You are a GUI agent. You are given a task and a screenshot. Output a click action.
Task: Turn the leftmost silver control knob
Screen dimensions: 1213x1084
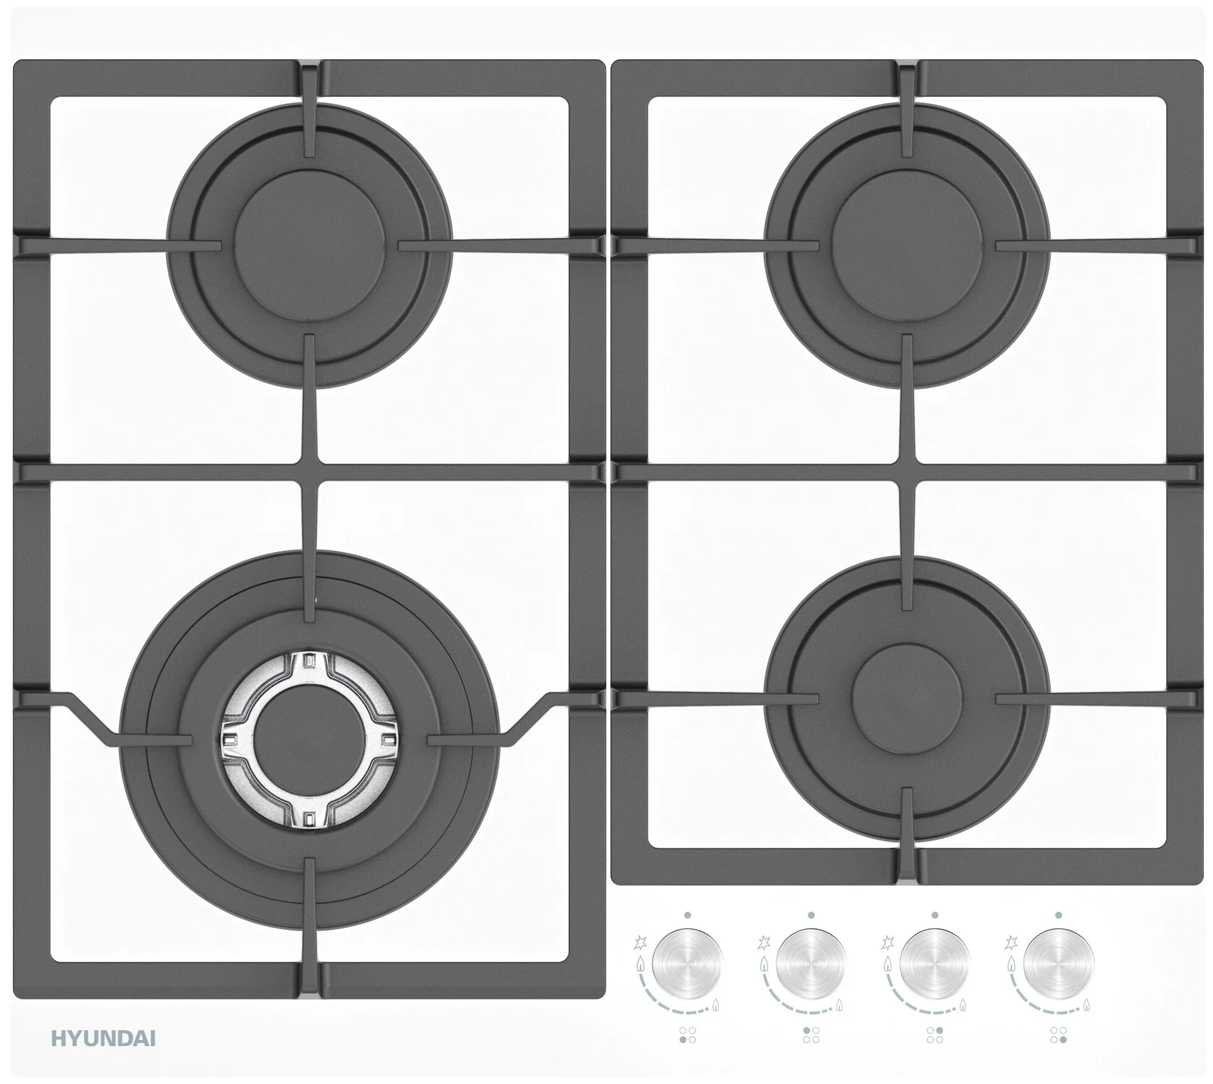coord(687,963)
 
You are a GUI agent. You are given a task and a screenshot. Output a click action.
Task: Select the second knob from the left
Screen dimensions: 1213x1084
coord(811,963)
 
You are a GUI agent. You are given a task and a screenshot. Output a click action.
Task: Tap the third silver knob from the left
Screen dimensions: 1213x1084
coord(935,963)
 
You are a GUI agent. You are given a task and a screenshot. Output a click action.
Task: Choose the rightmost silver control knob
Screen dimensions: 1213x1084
coord(1058,963)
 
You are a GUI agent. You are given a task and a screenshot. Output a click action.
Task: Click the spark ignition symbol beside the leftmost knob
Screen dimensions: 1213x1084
coord(640,943)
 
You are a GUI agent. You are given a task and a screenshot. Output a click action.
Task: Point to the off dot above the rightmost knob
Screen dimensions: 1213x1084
coord(1058,915)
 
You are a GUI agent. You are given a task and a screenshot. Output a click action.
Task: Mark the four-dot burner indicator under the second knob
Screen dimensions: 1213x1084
coord(811,1035)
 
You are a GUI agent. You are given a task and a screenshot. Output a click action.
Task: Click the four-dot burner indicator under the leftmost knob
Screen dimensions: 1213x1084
coord(687,1035)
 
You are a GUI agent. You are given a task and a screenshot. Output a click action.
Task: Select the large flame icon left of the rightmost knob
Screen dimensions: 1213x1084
coord(1011,964)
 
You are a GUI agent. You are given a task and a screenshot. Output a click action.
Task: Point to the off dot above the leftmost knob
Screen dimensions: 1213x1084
coord(687,915)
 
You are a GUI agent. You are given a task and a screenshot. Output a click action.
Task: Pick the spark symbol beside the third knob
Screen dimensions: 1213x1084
coord(888,943)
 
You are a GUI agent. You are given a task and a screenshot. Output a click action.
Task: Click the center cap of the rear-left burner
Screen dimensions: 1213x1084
coord(309,246)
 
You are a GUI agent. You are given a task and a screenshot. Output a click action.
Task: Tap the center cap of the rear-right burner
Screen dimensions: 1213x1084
coord(906,246)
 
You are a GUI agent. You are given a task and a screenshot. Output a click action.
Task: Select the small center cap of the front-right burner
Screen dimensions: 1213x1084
coord(906,698)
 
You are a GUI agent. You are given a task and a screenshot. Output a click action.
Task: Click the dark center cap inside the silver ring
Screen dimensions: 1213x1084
coord(309,739)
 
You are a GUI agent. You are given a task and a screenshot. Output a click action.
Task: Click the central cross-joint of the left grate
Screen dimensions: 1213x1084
coord(309,472)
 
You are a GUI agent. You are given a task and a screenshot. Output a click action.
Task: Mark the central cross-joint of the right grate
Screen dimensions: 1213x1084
coord(906,472)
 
